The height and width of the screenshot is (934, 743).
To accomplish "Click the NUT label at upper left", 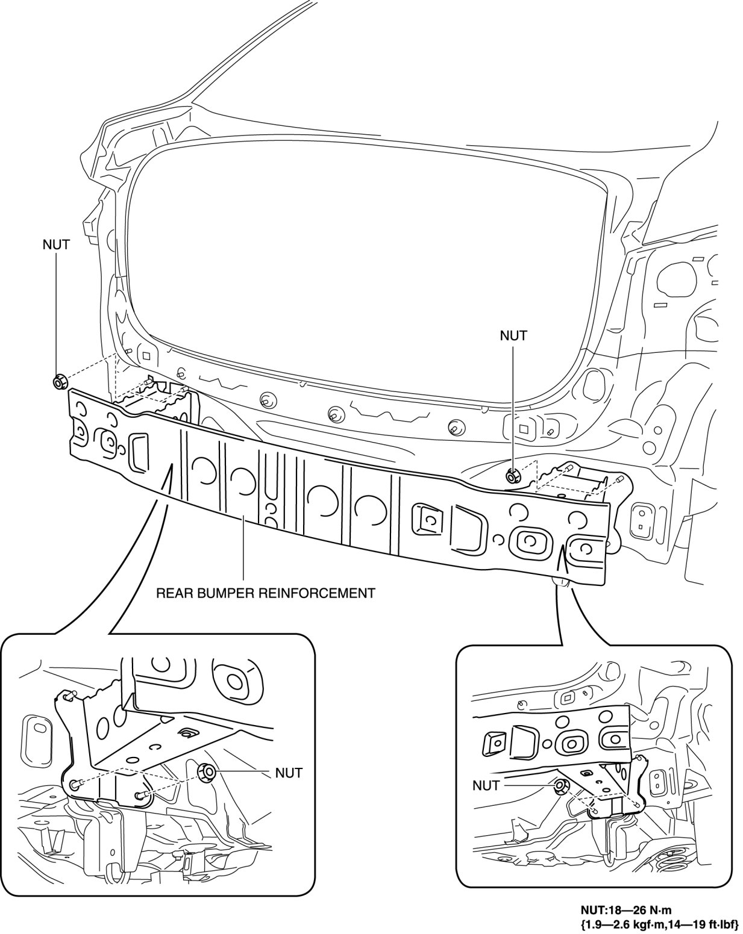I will (x=56, y=245).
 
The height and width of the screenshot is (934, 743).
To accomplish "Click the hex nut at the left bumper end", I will (x=60, y=382).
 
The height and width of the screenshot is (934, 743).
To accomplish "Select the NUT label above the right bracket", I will (x=513, y=335).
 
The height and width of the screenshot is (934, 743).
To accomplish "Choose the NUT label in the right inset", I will (x=486, y=785).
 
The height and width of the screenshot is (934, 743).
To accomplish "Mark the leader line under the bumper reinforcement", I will (x=243, y=551).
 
